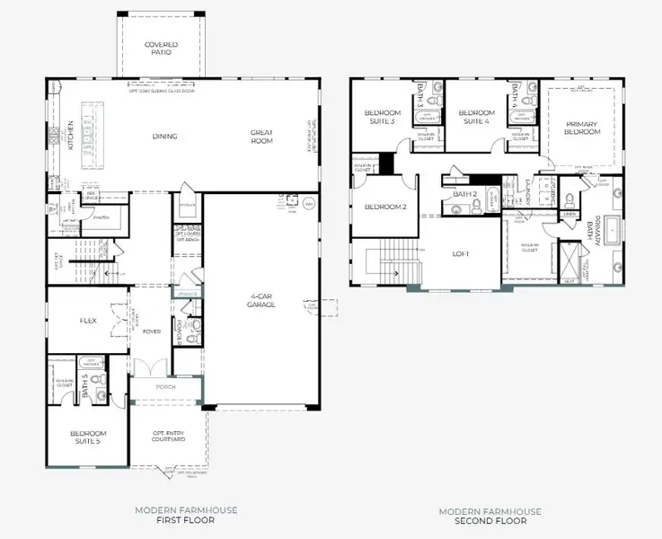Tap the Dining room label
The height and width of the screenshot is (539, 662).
tap(164, 137)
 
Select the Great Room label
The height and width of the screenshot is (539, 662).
tap(261, 137)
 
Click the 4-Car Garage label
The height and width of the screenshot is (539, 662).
tap(261, 301)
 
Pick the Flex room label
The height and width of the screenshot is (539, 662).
tap(88, 320)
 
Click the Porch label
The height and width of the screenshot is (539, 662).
tap(166, 387)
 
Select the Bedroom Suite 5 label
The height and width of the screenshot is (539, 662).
tap(88, 438)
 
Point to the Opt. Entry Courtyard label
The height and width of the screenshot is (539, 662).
tap(168, 438)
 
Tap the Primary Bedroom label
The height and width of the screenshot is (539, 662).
tap(582, 128)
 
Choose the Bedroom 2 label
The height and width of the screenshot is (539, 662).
tap(385, 208)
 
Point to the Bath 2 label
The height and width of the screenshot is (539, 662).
tap(463, 194)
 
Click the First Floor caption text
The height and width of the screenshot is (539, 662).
tap(186, 519)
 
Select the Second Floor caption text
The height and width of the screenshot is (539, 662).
tap(490, 519)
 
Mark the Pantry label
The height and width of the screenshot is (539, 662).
tap(101, 217)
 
